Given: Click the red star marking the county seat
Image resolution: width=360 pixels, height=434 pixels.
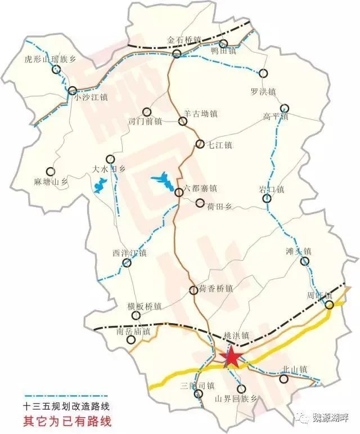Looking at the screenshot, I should [x=231, y=357].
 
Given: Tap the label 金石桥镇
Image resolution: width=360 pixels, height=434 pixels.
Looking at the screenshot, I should [x=184, y=41].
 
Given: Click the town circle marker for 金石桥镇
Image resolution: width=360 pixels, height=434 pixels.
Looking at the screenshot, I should [x=177, y=54].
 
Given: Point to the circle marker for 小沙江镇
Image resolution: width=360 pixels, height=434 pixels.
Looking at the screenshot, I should [x=73, y=90].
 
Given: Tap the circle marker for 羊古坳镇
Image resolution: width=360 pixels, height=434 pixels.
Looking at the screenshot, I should [x=182, y=121].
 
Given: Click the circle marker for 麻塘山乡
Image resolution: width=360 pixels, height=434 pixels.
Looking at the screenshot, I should [x=51, y=172].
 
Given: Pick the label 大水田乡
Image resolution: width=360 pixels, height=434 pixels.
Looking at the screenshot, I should [x=109, y=168].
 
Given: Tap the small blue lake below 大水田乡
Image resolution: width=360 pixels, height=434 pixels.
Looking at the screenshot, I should [x=101, y=185].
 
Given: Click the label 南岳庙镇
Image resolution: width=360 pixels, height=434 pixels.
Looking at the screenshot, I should [x=134, y=332].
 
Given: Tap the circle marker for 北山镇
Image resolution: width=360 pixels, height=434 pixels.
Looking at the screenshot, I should [x=285, y=379].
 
